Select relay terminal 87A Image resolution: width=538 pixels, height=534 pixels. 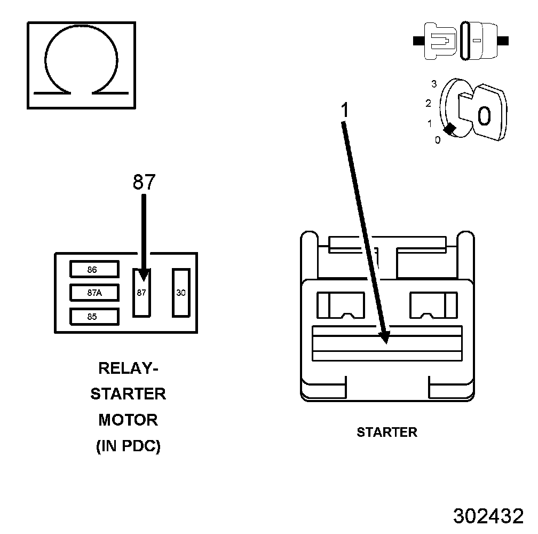(94, 293)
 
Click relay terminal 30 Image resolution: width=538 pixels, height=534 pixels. (180, 293)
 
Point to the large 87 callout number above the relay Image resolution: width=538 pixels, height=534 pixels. (144, 183)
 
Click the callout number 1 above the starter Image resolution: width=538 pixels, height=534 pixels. (345, 110)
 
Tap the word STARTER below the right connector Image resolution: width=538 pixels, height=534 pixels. (387, 432)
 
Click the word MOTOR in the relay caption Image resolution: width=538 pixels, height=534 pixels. (128, 420)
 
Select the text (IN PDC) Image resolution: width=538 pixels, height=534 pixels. (128, 446)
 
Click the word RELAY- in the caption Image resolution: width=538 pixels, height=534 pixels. (128, 368)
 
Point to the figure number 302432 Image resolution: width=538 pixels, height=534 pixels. (488, 516)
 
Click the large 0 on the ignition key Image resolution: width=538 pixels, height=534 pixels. (484, 116)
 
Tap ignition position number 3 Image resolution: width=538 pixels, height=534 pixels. (434, 84)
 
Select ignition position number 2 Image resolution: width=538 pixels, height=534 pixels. (428, 103)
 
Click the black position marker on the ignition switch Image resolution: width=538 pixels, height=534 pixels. (450, 129)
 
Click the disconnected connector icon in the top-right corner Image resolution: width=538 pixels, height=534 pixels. (461, 41)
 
